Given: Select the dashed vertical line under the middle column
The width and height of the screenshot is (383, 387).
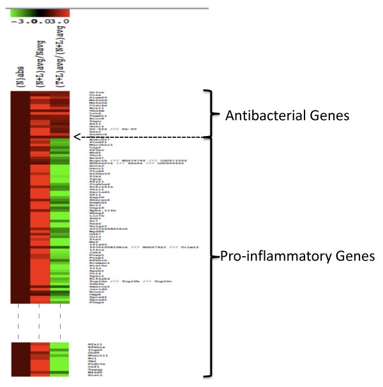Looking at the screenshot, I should coord(40,324).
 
